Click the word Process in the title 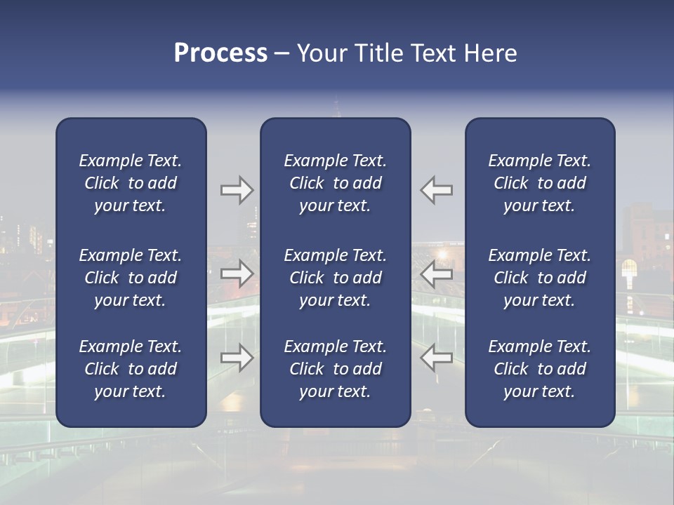(220, 53)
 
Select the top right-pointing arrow (237, 190)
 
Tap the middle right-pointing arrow (237, 274)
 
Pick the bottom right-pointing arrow (237, 358)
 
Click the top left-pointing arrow (436, 190)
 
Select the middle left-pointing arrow (436, 274)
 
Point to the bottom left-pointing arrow (436, 358)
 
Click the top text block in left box (131, 183)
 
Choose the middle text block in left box (131, 278)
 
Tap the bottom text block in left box (131, 369)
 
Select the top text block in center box (335, 183)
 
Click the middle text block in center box (335, 278)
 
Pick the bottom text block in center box (335, 369)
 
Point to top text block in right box (539, 183)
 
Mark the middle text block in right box (539, 278)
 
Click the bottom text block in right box (539, 369)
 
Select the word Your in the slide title (322, 53)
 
